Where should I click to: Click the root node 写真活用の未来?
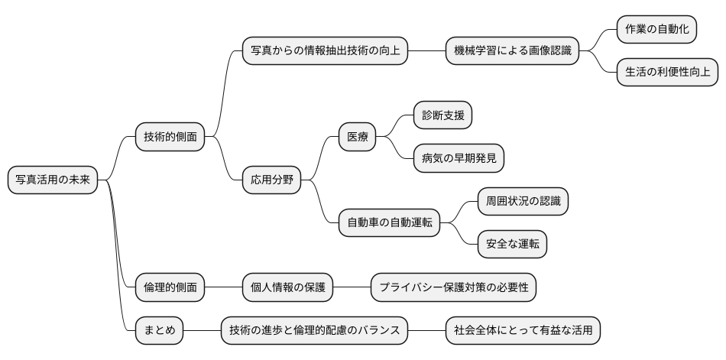coord(53,180)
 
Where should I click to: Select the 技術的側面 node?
coord(170,138)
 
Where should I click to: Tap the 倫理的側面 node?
coord(170,287)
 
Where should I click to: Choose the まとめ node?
coord(159,330)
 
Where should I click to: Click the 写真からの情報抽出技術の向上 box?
coord(325,51)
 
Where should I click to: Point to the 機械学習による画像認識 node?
coord(511,51)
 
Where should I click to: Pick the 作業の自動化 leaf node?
coord(656,30)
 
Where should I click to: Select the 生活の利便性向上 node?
coord(667,73)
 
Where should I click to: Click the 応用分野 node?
coord(271,180)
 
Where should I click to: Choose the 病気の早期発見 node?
coord(459,159)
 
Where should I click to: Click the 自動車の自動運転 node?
coord(389,223)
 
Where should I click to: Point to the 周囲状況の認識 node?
coord(523,202)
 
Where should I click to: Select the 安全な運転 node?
coord(512,245)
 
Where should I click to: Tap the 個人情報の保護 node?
coord(287,287)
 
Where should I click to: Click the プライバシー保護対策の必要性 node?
coord(453,287)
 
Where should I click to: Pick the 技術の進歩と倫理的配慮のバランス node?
coord(314,330)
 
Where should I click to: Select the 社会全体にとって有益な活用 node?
coord(523,330)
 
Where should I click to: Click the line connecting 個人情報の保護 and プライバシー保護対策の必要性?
coord(352,287)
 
